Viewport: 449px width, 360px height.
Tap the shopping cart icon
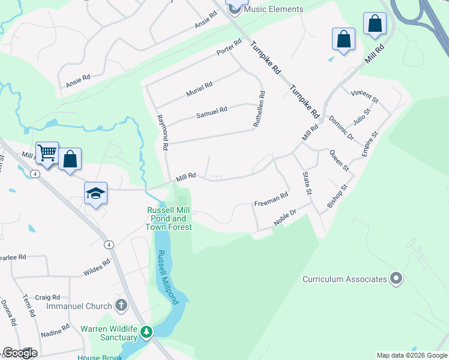click(47, 153)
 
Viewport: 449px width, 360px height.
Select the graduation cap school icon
click(95, 193)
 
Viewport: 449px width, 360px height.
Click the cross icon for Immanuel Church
click(121, 305)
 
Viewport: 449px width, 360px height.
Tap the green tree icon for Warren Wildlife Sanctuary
click(146, 331)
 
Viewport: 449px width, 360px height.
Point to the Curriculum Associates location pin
click(396, 278)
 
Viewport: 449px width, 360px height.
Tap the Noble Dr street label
click(285, 217)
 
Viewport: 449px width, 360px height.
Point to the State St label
click(306, 183)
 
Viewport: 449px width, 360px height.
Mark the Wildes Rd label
click(97, 267)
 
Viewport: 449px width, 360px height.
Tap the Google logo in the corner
click(20, 353)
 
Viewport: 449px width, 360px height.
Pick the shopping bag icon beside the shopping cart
click(70, 159)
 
